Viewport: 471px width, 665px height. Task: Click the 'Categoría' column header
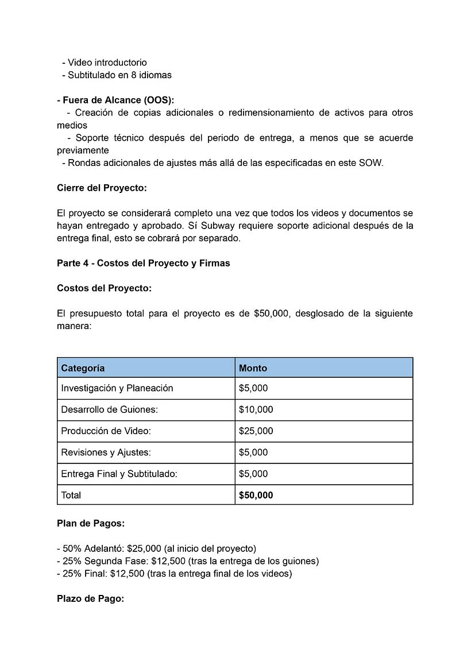coord(83,368)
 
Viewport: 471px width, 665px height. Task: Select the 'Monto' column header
coord(253,368)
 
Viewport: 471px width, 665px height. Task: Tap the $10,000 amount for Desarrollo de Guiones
coord(256,409)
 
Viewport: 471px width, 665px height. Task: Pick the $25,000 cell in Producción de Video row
coord(256,431)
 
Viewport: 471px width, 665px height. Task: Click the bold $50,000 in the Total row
coord(256,495)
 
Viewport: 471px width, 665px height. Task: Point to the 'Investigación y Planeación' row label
coord(117,388)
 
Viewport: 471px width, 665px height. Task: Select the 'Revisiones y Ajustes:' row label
coord(106,453)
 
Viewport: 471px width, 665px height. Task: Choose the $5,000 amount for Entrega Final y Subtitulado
coord(253,474)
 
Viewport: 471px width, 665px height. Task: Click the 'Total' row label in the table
coord(71,495)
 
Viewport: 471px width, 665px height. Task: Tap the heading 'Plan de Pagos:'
coord(91,523)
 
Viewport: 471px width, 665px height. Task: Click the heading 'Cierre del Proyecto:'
coord(102,188)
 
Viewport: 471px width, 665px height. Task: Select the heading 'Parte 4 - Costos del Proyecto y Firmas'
coord(143,263)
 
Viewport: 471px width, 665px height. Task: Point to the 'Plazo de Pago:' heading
coord(90,598)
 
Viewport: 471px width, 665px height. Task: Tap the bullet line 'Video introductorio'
coord(107,63)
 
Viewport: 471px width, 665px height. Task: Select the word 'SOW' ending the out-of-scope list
coord(370,163)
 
